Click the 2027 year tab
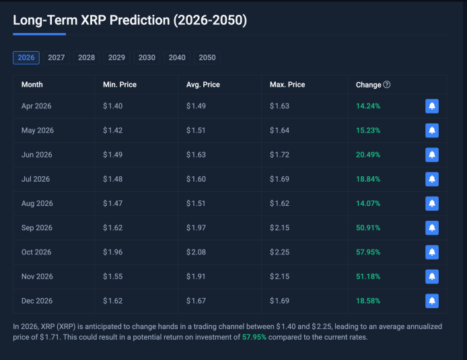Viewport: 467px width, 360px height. (x=57, y=58)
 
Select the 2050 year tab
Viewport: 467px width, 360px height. (x=207, y=58)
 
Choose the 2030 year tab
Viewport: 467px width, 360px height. (x=147, y=58)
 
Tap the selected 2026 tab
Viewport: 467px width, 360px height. (x=26, y=58)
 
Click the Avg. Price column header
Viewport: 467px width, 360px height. (x=203, y=85)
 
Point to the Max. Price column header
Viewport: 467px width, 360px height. (x=287, y=85)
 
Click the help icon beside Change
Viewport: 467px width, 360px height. (x=387, y=85)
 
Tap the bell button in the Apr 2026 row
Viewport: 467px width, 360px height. (x=432, y=106)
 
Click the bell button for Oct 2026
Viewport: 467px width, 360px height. (x=432, y=252)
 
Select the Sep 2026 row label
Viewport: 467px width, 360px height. (x=37, y=228)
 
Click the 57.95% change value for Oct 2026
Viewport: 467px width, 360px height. (x=368, y=252)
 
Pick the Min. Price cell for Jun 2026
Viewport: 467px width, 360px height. (x=113, y=155)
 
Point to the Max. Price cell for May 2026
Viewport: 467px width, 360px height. (x=279, y=131)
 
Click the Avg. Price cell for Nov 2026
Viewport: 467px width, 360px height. (x=196, y=277)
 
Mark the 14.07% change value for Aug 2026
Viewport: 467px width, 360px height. (x=368, y=203)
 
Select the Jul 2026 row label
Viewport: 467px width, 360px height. (x=36, y=179)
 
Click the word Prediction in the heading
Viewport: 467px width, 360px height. (x=139, y=20)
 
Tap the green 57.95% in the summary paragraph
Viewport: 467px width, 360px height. (x=254, y=337)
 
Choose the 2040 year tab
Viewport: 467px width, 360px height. (x=177, y=58)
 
